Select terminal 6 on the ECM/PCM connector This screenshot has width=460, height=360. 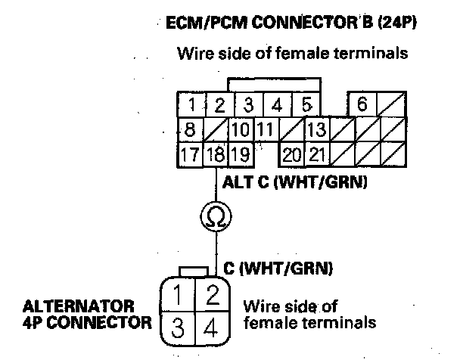click(362, 104)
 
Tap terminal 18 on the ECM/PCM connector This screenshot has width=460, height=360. click(218, 157)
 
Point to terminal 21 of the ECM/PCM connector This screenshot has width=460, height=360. click(316, 157)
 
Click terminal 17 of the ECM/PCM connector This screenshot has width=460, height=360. click(191, 157)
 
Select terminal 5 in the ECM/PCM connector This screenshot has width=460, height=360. click(306, 104)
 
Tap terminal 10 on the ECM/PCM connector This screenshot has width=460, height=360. click(241, 130)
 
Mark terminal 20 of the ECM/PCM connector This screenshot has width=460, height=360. click(291, 157)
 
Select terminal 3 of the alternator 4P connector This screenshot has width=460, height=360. click(176, 327)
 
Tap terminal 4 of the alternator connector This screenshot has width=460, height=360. click(213, 327)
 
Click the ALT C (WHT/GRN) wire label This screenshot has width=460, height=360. click(296, 182)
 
